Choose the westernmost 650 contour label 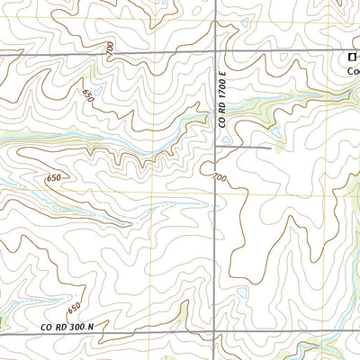coord(54,178)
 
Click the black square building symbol coord(352,58)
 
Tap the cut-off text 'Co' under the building coord(353,75)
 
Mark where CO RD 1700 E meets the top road coord(213,53)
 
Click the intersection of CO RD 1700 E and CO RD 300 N coord(213,332)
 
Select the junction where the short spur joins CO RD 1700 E coord(213,147)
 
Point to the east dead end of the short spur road coord(270,147)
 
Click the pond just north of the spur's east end coord(275,135)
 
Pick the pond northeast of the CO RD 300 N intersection coord(240,293)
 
